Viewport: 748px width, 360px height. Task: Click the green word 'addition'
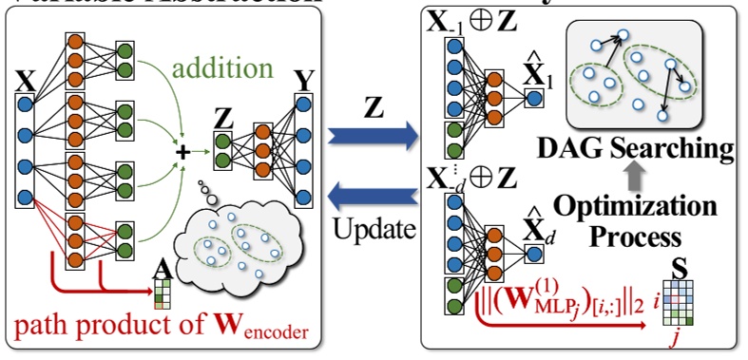221,69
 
